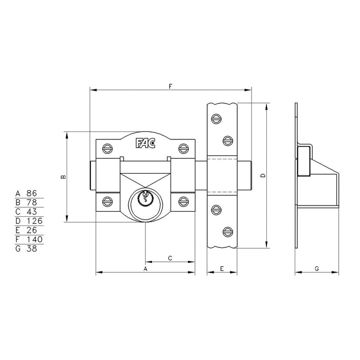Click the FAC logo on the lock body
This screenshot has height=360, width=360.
point(145,143)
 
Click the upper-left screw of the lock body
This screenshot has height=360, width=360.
point(107,148)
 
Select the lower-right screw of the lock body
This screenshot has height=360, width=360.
point(184,202)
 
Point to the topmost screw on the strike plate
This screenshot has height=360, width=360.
point(216,119)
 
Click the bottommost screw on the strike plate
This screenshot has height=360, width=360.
point(228,232)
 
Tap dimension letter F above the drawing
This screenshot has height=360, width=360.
point(171,86)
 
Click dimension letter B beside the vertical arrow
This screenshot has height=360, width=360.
point(63,177)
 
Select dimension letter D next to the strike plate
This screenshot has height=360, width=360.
point(263,175)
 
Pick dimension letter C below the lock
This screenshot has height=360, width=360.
point(170,258)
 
